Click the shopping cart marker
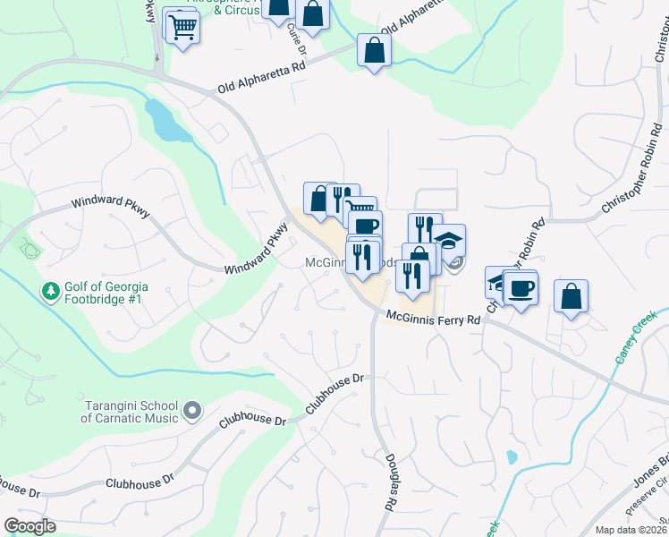coord(182,28)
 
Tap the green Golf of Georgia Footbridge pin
coord(50,292)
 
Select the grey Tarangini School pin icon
coord(191,411)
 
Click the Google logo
coord(30,526)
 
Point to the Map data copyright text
coord(631,530)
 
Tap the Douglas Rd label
coord(391,491)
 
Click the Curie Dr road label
coord(296,38)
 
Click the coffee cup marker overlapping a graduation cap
coord(520,288)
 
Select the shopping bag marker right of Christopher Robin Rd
coord(571,296)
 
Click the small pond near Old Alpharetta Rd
coord(167,121)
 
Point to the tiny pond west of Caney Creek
coord(512,457)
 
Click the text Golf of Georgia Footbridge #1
coord(105,293)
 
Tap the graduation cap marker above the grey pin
coord(449,240)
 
